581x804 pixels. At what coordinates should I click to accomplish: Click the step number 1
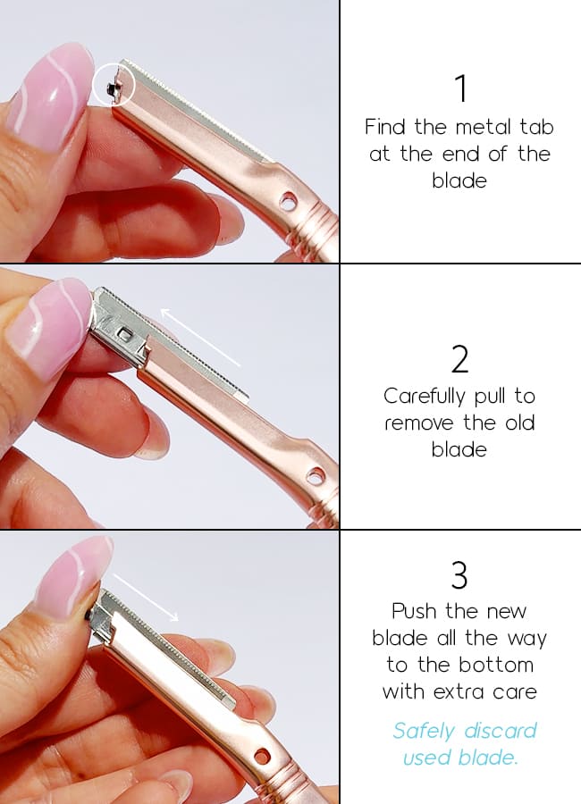coord(461,89)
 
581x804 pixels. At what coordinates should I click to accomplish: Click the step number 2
coord(459,359)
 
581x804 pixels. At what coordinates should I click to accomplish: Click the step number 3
coord(459,575)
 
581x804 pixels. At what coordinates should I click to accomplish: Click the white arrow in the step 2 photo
coord(200,337)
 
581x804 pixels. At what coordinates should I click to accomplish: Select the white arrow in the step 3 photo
coord(145,597)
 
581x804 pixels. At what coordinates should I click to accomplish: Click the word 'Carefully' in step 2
coord(424,397)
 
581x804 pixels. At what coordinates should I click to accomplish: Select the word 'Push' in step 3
coord(414,611)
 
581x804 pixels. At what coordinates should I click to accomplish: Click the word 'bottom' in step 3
coord(496,665)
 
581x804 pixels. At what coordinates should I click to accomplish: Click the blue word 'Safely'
coord(424,731)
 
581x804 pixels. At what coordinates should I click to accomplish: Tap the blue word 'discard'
coord(501,730)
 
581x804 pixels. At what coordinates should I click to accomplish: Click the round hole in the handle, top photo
coord(288,202)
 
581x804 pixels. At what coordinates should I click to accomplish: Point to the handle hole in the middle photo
coord(316,476)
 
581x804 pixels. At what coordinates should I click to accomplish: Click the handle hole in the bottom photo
coord(262,756)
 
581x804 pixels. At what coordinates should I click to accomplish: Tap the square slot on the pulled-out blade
coord(124,335)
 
